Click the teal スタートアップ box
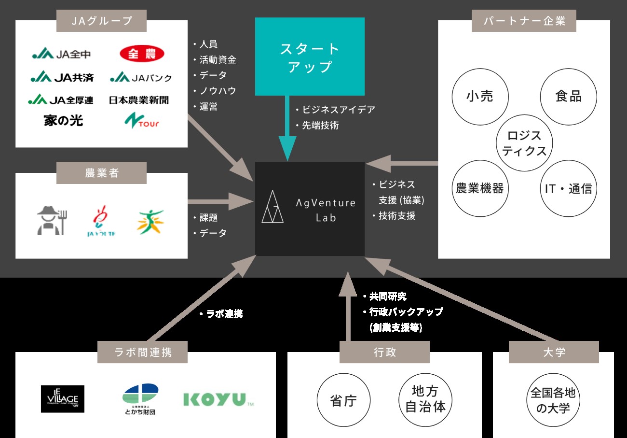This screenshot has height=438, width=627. point(310,57)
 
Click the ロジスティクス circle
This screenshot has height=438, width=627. point(524,143)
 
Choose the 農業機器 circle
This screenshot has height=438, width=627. point(479,188)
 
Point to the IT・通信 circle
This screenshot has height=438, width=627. point(568,188)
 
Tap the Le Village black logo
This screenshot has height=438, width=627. point(63,399)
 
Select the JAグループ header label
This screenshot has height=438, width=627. point(101,20)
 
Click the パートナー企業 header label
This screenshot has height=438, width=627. point(524,21)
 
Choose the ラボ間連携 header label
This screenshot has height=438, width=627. point(142,352)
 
